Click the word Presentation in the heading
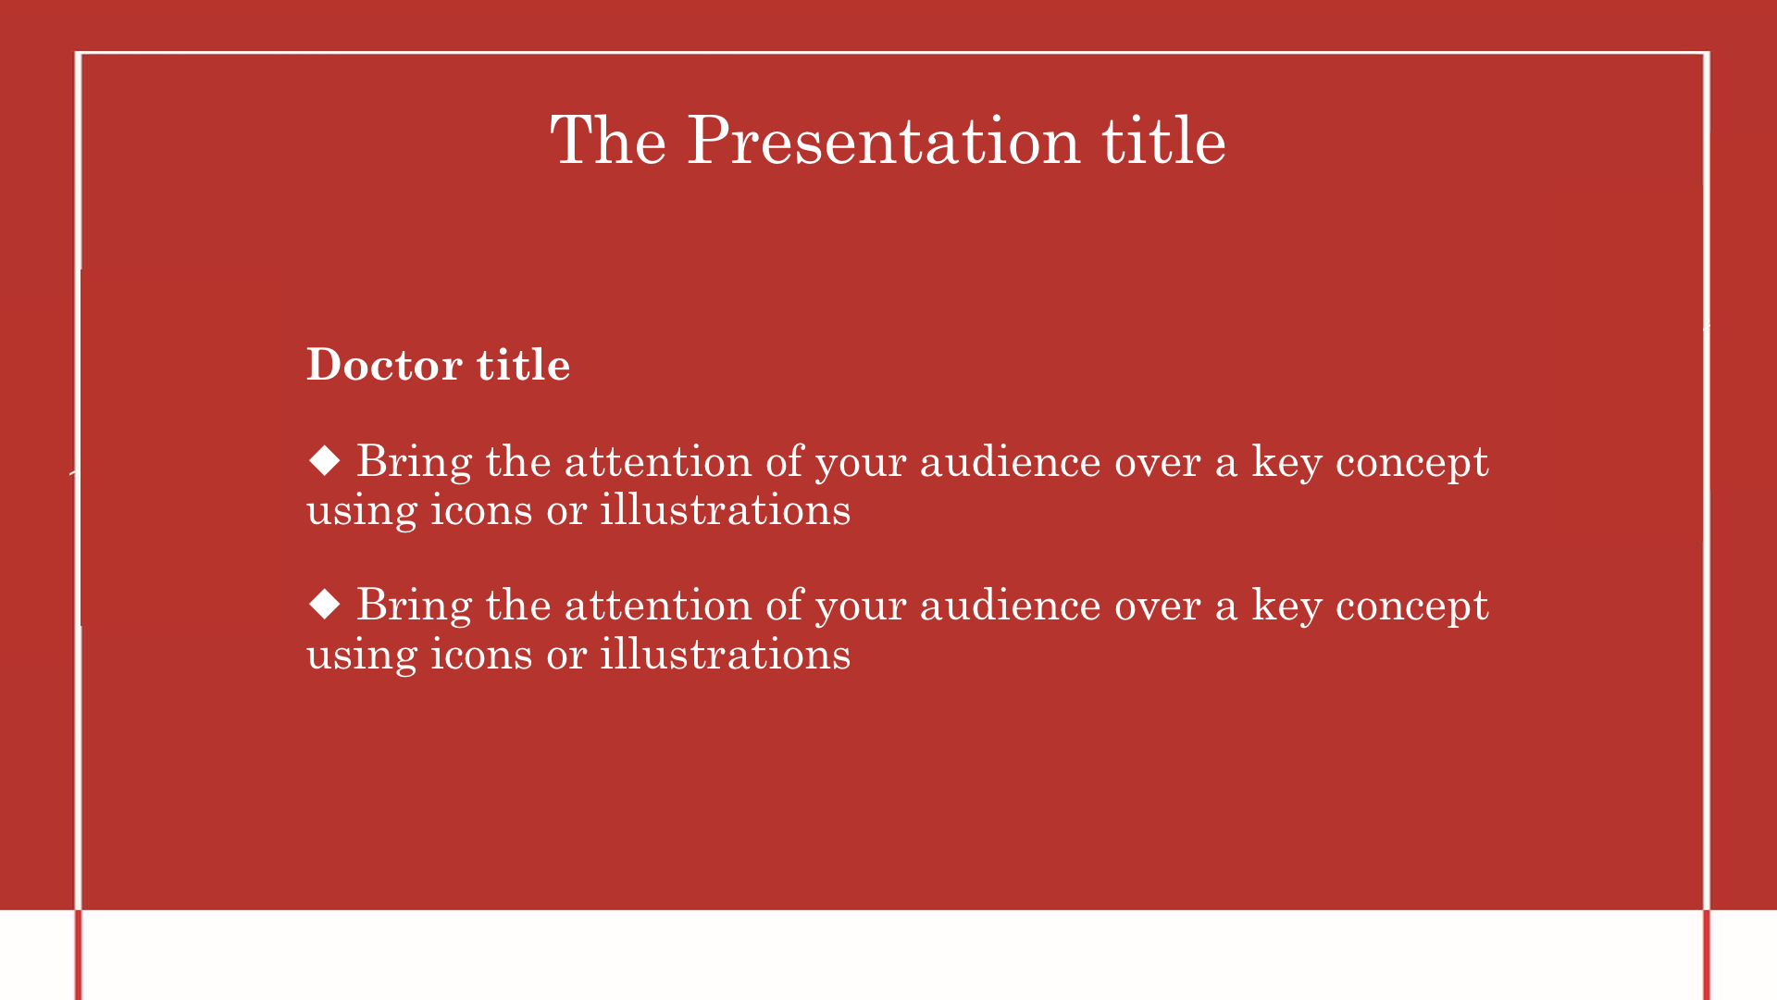point(884,141)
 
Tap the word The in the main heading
point(608,141)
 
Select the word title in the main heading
point(1163,141)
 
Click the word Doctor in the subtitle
point(385,365)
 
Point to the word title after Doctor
point(523,365)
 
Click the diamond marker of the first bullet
point(325,460)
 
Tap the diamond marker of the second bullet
point(325,604)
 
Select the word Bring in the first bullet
point(414,462)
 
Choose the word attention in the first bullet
point(658,462)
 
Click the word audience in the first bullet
point(1011,462)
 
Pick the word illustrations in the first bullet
point(726,509)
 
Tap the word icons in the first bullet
point(481,509)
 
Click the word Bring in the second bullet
point(414,606)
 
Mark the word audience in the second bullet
point(1011,606)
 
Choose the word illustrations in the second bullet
point(726,654)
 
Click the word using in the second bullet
point(362,656)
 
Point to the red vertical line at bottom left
point(79,955)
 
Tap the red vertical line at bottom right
point(1707,955)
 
